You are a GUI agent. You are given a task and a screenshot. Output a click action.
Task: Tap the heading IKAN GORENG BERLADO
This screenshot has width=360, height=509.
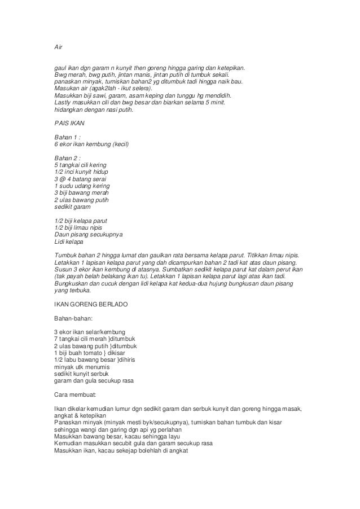91,305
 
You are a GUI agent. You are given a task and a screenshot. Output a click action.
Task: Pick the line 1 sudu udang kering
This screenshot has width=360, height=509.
82,186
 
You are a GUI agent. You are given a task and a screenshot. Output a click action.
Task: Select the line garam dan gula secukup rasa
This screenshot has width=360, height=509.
94,380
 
